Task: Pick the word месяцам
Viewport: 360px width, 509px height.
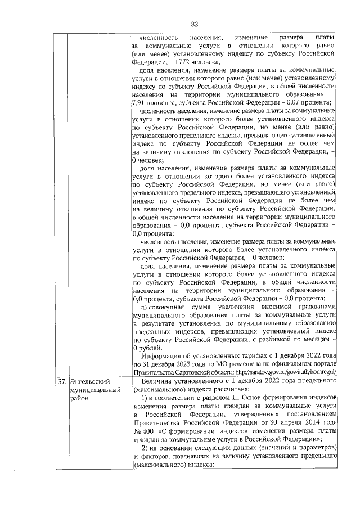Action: coord(310,339)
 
